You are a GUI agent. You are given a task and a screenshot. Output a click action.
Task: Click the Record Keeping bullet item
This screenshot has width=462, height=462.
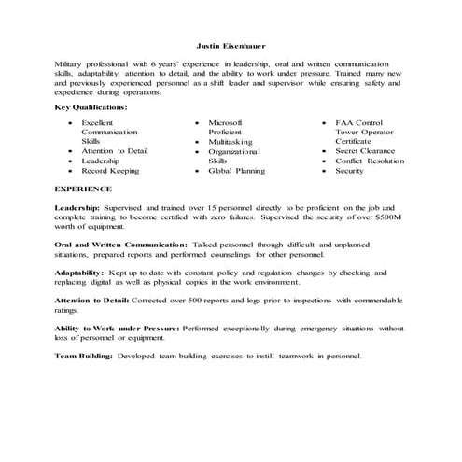pos(110,171)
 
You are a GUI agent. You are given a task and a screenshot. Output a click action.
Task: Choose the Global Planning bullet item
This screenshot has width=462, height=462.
pos(236,171)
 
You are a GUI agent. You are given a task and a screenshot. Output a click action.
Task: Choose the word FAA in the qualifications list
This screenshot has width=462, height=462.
pos(344,122)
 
